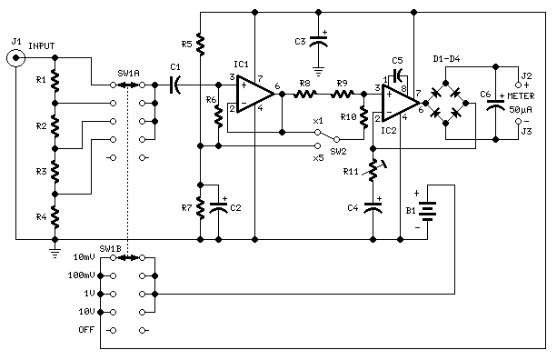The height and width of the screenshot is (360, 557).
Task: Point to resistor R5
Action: pyautogui.click(x=199, y=44)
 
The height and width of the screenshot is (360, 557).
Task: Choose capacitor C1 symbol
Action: pyautogui.click(x=175, y=85)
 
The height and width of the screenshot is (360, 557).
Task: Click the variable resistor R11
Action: pyautogui.click(x=373, y=170)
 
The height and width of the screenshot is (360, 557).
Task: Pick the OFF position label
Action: pyautogui.click(x=86, y=328)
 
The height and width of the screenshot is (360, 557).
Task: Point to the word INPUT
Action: pyautogui.click(x=42, y=45)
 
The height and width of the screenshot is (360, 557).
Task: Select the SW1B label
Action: pyautogui.click(x=109, y=248)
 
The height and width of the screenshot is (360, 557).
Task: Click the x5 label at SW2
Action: pyautogui.click(x=317, y=157)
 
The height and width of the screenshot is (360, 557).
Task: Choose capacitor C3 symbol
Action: pyautogui.click(x=319, y=42)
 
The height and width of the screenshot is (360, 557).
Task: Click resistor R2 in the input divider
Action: pyautogui.click(x=55, y=124)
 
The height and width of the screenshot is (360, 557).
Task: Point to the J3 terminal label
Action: pyautogui.click(x=525, y=132)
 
